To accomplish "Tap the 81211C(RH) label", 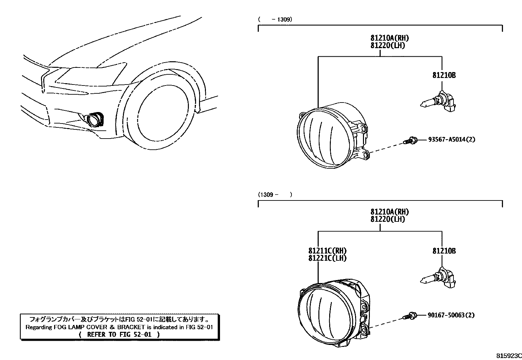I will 327,251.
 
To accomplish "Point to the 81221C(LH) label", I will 327,258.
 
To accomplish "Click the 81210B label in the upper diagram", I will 444,75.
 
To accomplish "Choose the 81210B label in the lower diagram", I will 444,251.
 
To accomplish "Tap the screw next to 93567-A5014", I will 410,141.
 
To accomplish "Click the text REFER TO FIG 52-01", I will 120,334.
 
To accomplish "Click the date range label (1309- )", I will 275,195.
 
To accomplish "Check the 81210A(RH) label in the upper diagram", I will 390,38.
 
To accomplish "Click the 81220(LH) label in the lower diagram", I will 388,219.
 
